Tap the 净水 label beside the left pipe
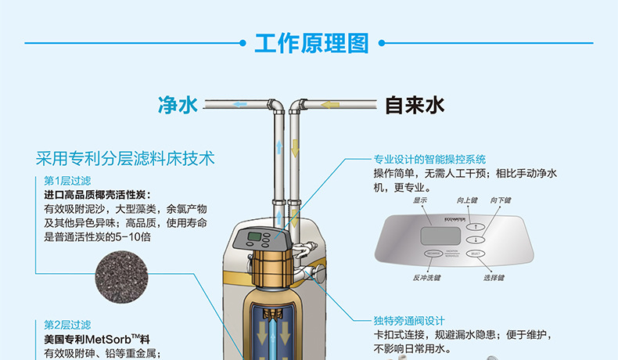[x=178, y=105]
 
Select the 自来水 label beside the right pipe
[x=415, y=105]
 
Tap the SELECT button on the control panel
[x=476, y=254]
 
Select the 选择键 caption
[x=494, y=277]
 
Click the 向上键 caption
[x=467, y=200]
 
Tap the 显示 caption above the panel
[x=420, y=200]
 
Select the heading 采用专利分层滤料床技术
[x=124, y=158]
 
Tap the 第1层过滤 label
[x=67, y=181]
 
